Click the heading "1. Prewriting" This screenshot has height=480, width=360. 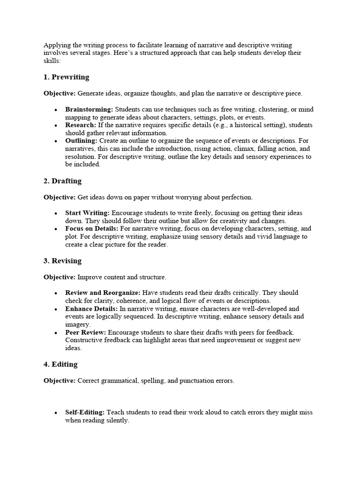pyautogui.click(x=66, y=77)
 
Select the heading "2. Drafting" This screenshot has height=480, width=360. pyautogui.click(x=62, y=181)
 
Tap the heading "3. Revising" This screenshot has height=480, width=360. pyautogui.click(x=62, y=261)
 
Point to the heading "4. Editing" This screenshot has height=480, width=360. pyautogui.click(x=60, y=364)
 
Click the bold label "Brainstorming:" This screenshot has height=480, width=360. pyautogui.click(x=89, y=109)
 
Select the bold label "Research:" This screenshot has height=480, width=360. pyautogui.click(x=81, y=125)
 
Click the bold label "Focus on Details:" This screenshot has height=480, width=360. pyautogui.click(x=91, y=229)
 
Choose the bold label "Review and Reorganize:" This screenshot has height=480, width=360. pyautogui.click(x=103, y=292)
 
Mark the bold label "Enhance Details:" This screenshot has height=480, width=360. pyautogui.click(x=91, y=309)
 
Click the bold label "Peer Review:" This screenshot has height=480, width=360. pyautogui.click(x=85, y=332)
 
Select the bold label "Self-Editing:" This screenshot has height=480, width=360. pyautogui.click(x=85, y=412)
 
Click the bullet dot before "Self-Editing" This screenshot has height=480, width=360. pyautogui.click(x=56, y=413)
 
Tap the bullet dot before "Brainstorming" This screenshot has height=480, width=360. pyautogui.click(x=56, y=110)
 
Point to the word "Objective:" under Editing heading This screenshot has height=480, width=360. pyautogui.click(x=60, y=381)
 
